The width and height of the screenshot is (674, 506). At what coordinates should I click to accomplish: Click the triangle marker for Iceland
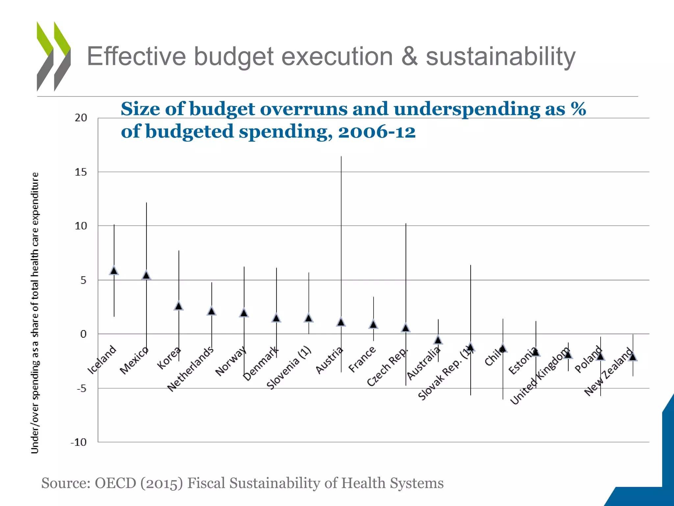(114, 270)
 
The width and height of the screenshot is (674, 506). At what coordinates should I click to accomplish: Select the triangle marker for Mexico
(146, 275)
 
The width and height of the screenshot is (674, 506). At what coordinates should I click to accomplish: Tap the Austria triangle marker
(341, 322)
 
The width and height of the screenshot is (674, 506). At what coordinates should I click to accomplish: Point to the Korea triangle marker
(179, 306)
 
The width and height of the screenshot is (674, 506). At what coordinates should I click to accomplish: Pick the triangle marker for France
(373, 324)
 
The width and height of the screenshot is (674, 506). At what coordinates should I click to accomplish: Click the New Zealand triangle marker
(633, 357)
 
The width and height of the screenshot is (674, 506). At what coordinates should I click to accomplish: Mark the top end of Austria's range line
(341, 157)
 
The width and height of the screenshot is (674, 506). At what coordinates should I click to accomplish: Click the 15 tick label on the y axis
(81, 172)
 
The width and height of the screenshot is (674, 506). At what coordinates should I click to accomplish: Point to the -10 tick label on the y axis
(79, 442)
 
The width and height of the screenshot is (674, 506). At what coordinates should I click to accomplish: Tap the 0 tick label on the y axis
(83, 334)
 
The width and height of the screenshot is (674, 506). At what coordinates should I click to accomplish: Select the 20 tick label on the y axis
(81, 118)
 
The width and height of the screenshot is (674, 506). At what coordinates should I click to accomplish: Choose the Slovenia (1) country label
(289, 368)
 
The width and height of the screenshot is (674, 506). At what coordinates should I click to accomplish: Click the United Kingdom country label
(540, 376)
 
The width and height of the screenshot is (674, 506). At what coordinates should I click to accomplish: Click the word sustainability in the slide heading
(500, 57)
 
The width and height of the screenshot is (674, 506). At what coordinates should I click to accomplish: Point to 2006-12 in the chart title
(377, 132)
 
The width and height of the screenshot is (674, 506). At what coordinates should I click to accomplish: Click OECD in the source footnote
(115, 483)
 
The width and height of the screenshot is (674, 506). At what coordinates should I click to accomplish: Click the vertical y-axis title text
(35, 313)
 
